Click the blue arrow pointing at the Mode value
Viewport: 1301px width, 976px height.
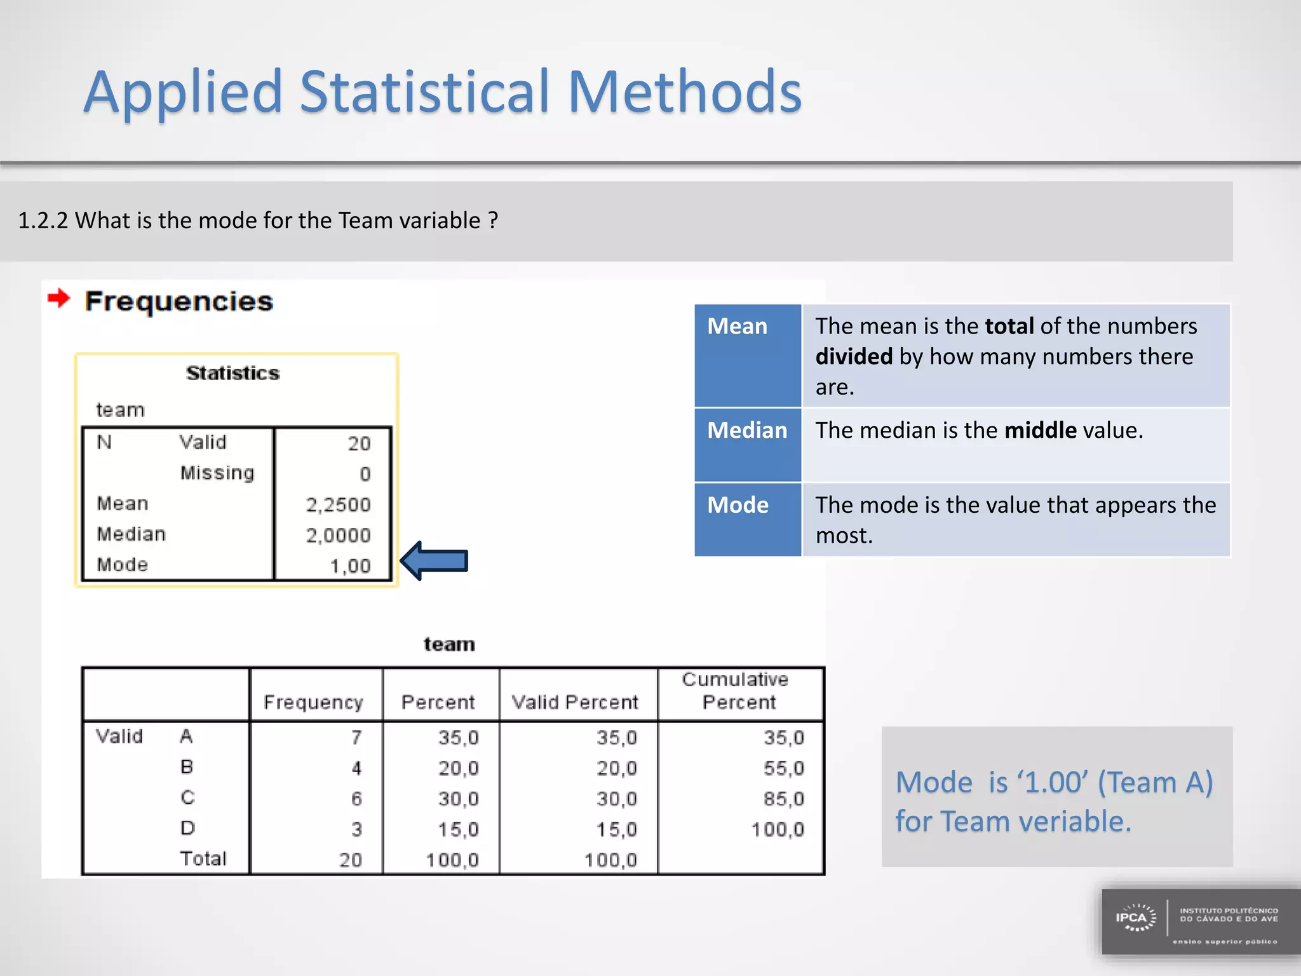coord(435,561)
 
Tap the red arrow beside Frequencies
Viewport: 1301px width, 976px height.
coord(59,298)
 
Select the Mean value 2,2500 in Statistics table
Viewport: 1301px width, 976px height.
coord(339,505)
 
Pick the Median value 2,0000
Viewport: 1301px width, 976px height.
coord(339,536)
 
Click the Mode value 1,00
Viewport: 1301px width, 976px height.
coord(350,566)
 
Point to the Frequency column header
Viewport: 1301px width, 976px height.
coord(313,702)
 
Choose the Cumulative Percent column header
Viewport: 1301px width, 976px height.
coord(737,691)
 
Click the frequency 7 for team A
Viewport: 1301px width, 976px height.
coord(356,738)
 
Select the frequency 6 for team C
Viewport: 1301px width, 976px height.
coord(356,799)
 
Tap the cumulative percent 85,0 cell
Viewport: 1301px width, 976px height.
coord(784,799)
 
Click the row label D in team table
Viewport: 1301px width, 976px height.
coord(187,829)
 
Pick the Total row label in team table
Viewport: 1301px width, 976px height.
coord(203,859)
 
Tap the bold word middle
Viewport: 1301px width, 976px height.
coord(1040,431)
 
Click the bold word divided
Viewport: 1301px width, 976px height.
coord(854,357)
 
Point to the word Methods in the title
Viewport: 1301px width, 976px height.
coord(684,92)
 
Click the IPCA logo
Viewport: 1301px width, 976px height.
coord(1136,919)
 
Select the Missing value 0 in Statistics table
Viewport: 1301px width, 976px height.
coord(365,475)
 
